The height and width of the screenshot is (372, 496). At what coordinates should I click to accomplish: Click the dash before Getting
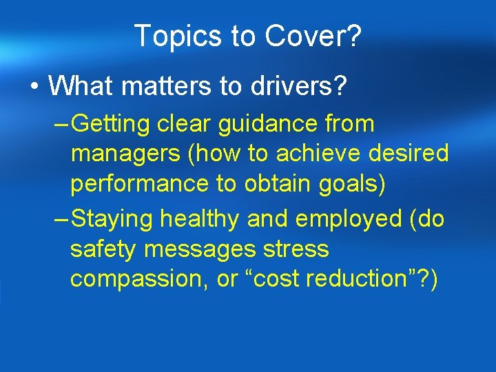point(61,125)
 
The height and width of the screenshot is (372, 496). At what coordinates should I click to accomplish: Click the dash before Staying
point(61,219)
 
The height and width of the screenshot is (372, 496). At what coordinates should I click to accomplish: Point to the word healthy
point(200,219)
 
